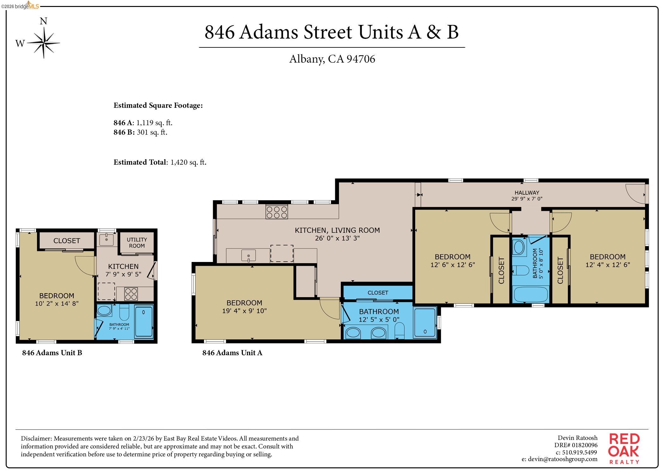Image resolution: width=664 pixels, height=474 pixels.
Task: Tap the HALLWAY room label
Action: [527, 192]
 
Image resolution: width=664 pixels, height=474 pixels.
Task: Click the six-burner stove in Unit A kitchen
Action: [277, 212]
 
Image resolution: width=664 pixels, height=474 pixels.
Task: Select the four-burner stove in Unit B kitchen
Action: [131, 294]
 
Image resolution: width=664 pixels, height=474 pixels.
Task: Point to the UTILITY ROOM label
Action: [137, 243]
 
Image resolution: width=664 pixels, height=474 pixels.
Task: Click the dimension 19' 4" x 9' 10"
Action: [244, 311]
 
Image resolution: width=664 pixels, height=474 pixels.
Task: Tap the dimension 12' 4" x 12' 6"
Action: [607, 265]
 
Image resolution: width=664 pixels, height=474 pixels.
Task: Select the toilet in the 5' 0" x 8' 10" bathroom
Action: [520, 270]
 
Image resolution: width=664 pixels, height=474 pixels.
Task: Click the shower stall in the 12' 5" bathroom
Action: [425, 322]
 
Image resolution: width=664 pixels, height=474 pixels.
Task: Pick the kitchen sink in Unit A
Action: [249, 255]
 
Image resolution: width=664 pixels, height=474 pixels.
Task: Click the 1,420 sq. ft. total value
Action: [188, 162]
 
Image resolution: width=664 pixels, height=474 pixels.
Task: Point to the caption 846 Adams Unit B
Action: [52, 353]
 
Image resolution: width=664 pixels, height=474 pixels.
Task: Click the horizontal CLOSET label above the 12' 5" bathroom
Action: [378, 293]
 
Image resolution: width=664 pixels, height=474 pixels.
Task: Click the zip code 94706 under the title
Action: [360, 59]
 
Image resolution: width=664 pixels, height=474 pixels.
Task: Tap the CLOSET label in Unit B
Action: [67, 241]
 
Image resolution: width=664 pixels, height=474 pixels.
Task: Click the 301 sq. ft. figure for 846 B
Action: [152, 132]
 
